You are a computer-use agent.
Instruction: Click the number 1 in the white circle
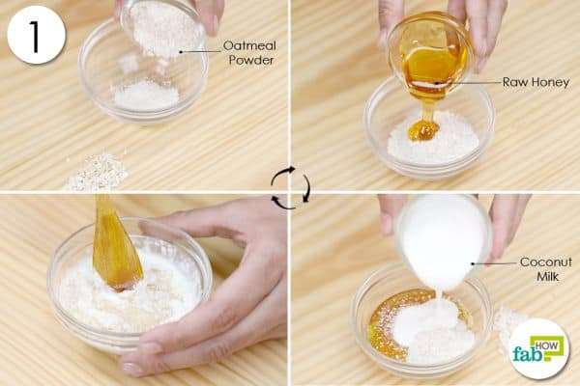35,37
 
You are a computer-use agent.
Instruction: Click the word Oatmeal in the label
249,45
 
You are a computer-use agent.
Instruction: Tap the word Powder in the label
251,60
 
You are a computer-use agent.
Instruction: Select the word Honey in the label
550,82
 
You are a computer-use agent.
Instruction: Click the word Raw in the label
515,82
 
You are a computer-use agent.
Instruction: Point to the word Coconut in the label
545,262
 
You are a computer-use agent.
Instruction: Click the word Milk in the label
547,276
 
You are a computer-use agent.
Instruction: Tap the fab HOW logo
538,348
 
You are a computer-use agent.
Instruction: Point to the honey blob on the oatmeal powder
422,129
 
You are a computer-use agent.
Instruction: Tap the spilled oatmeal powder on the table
97,172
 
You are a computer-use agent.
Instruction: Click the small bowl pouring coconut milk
444,240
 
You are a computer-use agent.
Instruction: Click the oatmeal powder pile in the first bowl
147,96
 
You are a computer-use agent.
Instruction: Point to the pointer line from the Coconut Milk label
494,263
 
